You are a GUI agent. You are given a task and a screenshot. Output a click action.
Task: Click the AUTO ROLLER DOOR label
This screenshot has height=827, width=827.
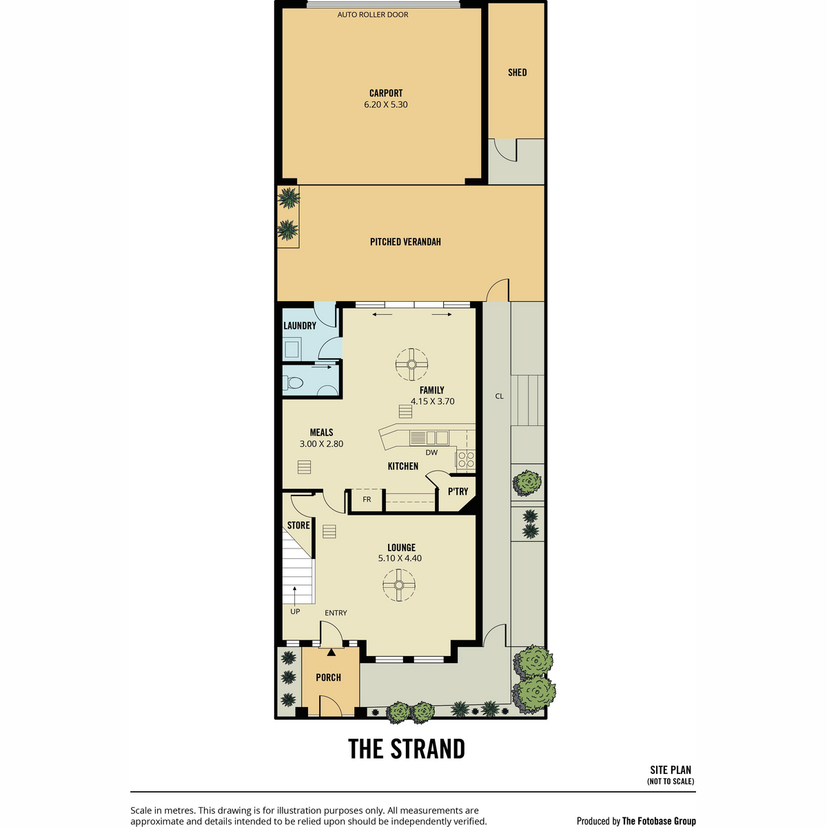(373, 14)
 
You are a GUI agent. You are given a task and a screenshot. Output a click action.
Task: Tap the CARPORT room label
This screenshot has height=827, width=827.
(386, 93)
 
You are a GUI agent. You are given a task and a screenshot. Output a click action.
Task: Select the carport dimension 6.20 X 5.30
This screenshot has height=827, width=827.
(386, 104)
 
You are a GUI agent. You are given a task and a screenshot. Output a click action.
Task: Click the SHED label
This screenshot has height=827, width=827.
(517, 72)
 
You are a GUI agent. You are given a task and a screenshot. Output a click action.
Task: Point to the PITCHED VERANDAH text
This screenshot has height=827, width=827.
(405, 242)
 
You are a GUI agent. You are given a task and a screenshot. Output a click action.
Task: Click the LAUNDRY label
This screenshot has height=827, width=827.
(300, 326)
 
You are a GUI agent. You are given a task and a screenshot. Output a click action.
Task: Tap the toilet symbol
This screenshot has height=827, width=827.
(294, 382)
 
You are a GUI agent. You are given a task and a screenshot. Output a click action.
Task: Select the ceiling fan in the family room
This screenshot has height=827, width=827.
(411, 365)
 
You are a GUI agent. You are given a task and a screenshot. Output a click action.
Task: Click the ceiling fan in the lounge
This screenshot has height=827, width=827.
(399, 585)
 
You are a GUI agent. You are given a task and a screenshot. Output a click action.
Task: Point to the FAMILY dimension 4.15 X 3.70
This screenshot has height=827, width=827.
(432, 401)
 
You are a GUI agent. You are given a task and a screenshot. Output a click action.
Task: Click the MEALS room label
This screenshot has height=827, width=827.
(321, 433)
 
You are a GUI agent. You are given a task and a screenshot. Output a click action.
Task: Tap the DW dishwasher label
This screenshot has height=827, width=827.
(431, 452)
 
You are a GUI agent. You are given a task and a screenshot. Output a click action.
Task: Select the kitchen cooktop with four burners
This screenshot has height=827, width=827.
(466, 459)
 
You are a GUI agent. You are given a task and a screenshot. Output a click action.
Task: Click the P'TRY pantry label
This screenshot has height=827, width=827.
(458, 491)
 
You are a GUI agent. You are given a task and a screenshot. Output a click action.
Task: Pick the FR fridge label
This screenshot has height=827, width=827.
(367, 500)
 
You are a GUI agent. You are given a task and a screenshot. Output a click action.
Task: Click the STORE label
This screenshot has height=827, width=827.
(298, 525)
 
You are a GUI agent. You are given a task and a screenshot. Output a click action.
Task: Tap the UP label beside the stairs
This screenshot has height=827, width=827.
(295, 611)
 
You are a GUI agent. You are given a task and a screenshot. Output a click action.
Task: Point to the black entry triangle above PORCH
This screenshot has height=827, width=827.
(331, 653)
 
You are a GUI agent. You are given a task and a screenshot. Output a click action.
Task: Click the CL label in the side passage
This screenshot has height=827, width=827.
(499, 396)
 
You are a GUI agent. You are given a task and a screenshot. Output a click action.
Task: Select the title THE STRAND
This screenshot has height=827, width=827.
(407, 749)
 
